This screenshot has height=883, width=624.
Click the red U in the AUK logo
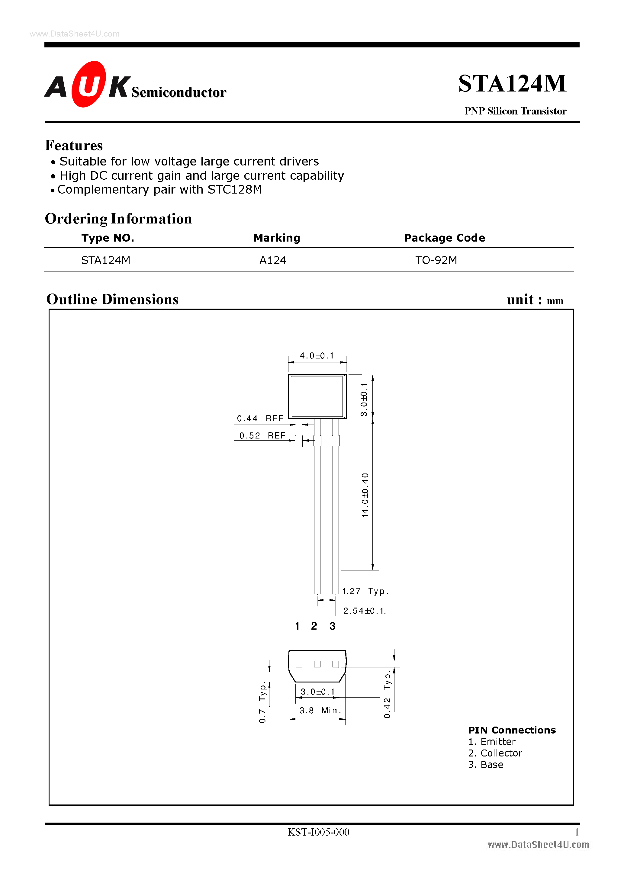[x=88, y=84]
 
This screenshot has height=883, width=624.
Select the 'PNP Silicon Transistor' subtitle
[x=515, y=111]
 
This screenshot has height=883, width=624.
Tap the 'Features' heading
[x=74, y=145]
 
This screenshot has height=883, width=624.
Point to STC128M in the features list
[x=234, y=190]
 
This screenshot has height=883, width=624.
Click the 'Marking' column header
[x=277, y=238]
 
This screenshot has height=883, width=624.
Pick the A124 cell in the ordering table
[x=272, y=260]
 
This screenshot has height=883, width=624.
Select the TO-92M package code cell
[x=436, y=260]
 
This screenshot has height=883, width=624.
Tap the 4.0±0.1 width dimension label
[x=317, y=356]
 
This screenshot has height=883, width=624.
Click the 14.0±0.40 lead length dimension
[x=365, y=495]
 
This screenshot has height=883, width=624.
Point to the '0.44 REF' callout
[x=260, y=419]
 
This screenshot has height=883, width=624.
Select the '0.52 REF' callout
[x=262, y=436]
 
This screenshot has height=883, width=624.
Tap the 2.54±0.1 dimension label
[x=364, y=611]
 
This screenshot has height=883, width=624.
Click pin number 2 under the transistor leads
[x=314, y=626]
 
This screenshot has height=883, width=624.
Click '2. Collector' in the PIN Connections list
[x=495, y=753]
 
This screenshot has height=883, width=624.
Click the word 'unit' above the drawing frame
[x=520, y=300]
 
